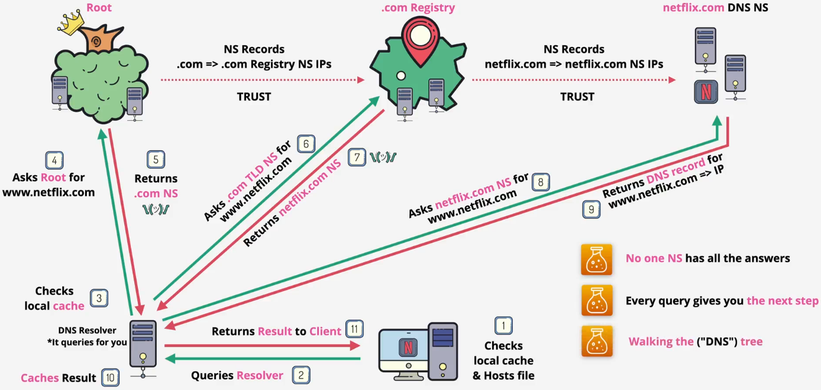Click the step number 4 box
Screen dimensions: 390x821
tap(54, 160)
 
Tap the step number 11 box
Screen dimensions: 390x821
tap(354, 329)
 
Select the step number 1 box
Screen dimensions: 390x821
tap(503, 325)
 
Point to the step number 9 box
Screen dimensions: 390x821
tap(591, 209)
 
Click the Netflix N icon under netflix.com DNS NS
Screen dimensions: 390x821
tap(706, 92)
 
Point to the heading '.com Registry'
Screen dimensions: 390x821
tap(418, 8)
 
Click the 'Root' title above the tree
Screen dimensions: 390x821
tap(98, 8)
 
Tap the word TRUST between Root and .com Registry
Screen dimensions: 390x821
tap(254, 96)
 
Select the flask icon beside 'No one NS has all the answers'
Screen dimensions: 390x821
tap(596, 259)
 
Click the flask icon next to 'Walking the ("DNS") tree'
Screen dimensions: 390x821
tap(596, 341)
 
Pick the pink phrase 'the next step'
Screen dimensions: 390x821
tap(782, 301)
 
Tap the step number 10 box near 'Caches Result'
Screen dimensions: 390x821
tap(110, 377)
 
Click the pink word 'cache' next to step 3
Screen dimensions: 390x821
tap(69, 305)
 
